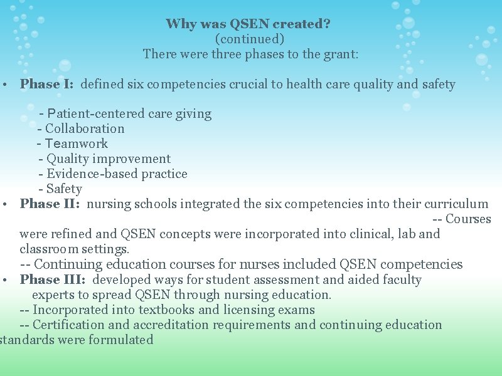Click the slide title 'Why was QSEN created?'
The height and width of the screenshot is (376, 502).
[x=248, y=24]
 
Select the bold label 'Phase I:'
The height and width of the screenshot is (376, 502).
[x=47, y=84]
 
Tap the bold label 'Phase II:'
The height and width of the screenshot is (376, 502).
[x=51, y=204]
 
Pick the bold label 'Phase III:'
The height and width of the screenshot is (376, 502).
[x=53, y=279]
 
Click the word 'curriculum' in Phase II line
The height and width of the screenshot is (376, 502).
[x=456, y=204]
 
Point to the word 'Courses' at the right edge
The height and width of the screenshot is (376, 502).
[x=468, y=219]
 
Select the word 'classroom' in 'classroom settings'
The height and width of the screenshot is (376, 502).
[x=48, y=249]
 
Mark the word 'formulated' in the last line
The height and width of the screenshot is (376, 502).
[x=121, y=340]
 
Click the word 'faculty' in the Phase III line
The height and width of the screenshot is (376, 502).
[x=399, y=279]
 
